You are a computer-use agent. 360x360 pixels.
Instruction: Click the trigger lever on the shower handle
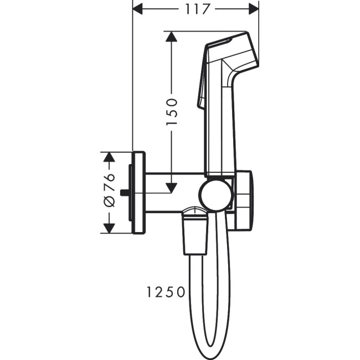202,89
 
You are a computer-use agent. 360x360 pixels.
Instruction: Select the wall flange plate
138,192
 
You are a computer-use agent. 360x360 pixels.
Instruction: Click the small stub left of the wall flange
126,193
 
